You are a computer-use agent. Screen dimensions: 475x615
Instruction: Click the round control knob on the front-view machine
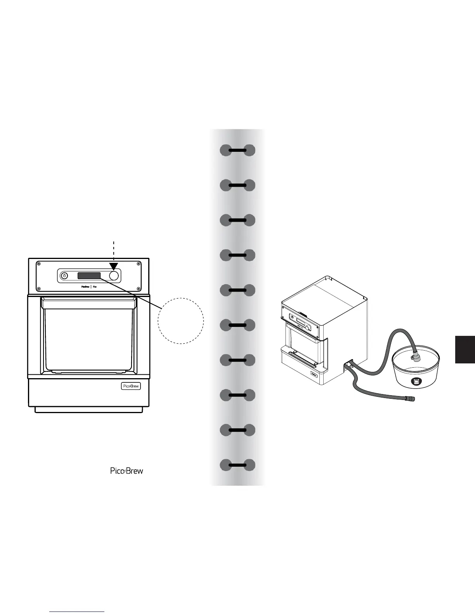point(114,276)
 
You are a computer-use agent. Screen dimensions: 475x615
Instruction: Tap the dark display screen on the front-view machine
point(89,276)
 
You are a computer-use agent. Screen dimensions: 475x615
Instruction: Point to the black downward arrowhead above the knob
point(114,266)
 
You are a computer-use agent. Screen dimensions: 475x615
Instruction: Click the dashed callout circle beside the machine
point(181,321)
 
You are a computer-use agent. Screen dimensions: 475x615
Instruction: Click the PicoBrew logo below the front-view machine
point(127,471)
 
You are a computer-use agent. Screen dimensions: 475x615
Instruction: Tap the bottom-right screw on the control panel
point(138,288)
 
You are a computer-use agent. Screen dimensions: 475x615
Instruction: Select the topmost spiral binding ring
point(237,150)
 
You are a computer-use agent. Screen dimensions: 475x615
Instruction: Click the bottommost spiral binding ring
point(237,465)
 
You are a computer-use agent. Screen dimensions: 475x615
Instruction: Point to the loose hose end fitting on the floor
point(409,398)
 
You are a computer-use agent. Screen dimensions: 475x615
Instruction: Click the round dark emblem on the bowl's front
point(416,382)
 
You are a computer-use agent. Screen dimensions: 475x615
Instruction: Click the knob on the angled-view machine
point(308,328)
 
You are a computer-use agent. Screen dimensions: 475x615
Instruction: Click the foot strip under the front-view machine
point(88,410)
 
